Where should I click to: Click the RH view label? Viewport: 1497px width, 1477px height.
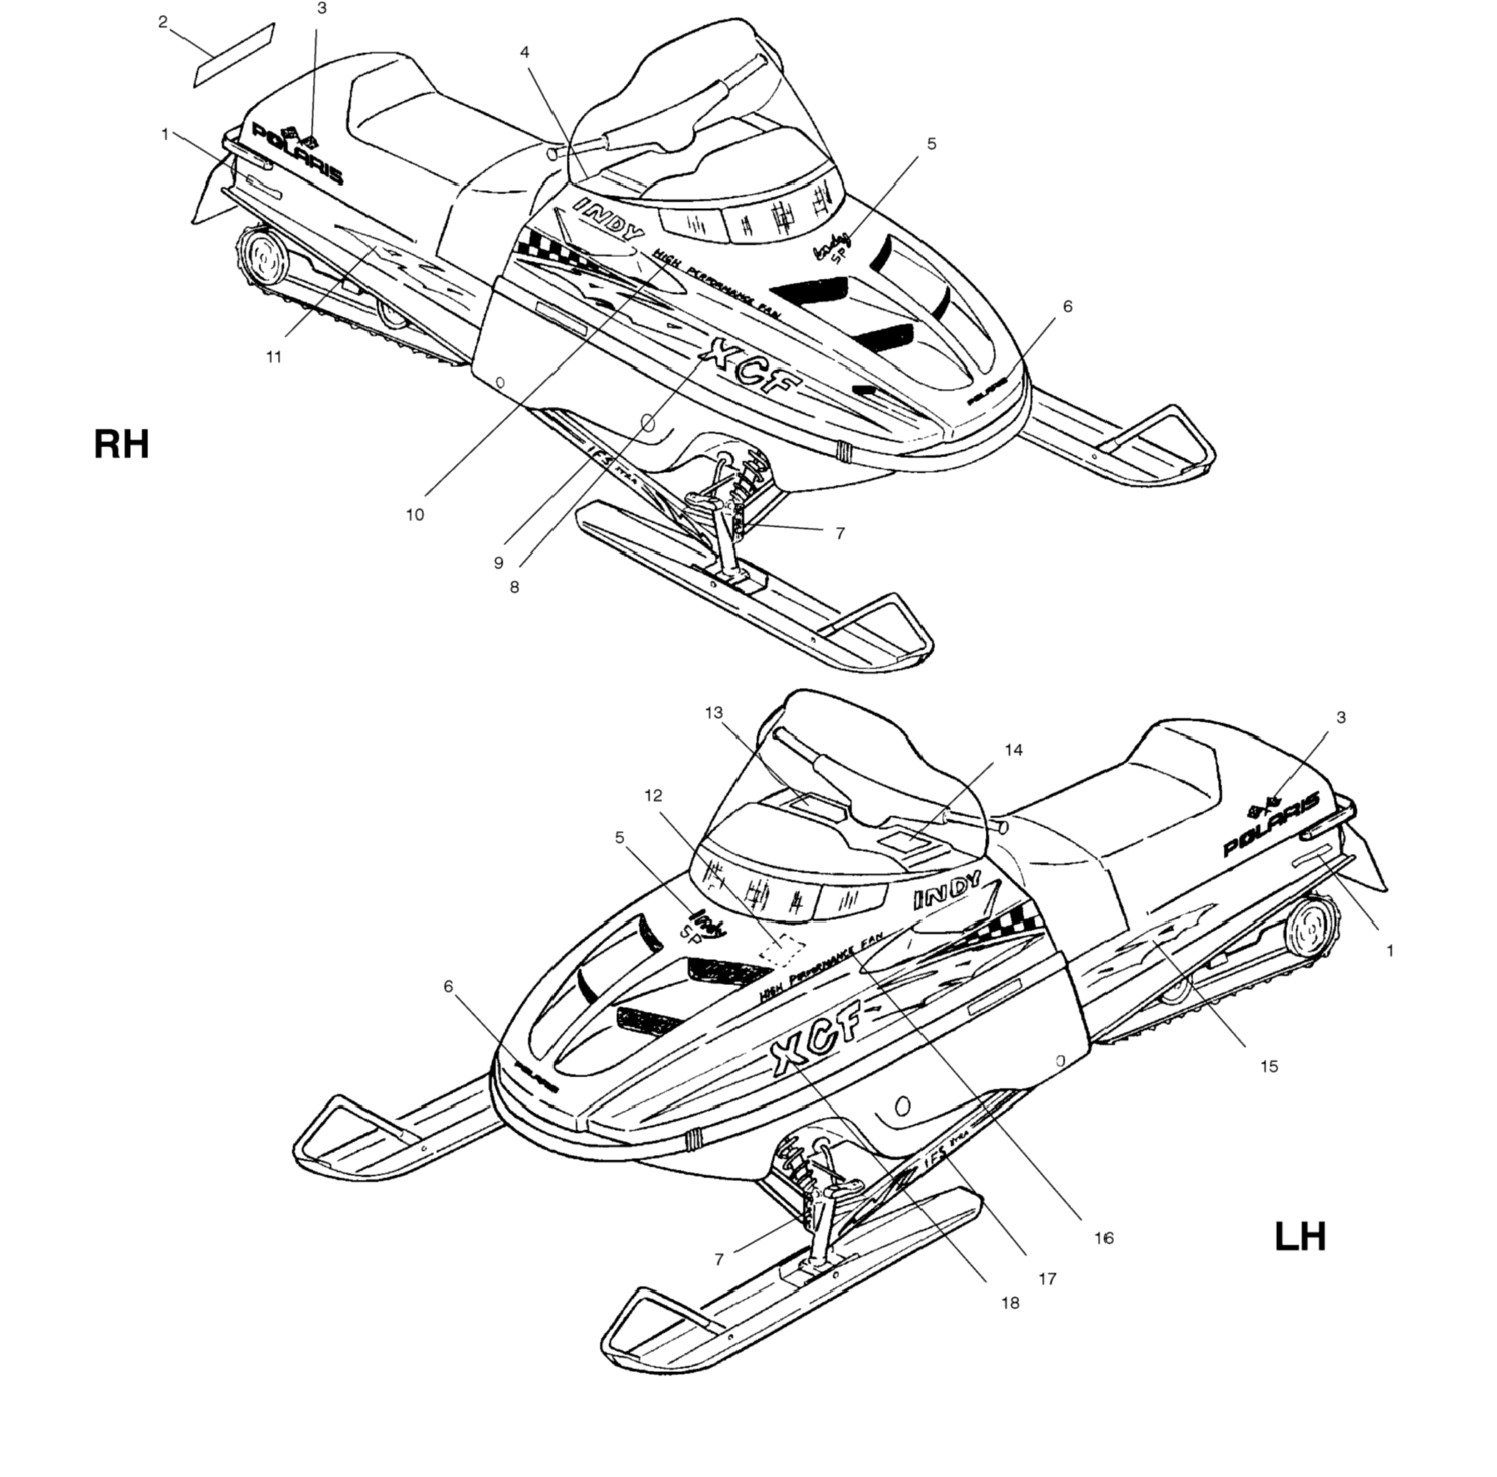coord(121,446)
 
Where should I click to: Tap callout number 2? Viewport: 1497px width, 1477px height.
coord(163,22)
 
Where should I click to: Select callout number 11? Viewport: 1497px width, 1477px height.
coord(274,358)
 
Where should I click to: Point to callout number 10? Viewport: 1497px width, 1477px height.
coord(415,514)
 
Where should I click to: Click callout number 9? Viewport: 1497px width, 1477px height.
coord(499,563)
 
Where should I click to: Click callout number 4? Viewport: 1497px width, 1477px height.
coord(525,53)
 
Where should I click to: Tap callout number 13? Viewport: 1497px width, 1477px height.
coord(713,712)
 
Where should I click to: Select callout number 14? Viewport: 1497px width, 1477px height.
coord(1014,750)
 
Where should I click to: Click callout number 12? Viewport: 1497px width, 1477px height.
coord(653,795)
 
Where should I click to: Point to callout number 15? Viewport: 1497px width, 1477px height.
coord(1268,1067)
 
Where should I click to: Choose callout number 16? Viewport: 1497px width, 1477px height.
coord(1103,1238)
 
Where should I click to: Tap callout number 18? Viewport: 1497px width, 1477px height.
coord(1009,1303)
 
